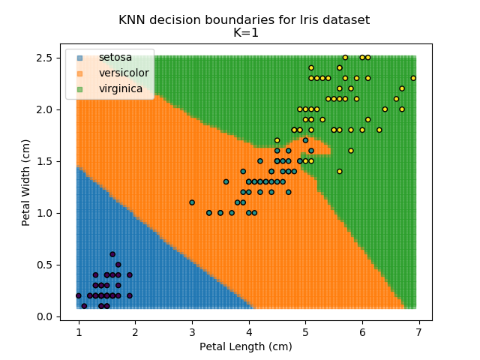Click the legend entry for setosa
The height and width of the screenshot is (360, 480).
(x=114, y=58)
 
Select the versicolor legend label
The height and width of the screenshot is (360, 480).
(x=124, y=73)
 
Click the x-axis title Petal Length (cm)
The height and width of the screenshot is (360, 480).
(x=245, y=346)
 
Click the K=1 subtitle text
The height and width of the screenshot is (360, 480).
(x=244, y=32)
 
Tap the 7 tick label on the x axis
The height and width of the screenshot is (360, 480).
(x=418, y=331)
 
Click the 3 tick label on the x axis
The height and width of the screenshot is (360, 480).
(x=192, y=331)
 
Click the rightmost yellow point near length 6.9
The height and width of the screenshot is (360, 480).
(x=413, y=78)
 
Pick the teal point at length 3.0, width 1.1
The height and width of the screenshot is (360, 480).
(x=192, y=202)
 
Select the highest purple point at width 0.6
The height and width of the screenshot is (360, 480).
(x=112, y=254)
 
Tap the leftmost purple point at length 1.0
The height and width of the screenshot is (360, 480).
(x=79, y=295)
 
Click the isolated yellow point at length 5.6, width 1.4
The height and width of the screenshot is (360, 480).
(x=339, y=171)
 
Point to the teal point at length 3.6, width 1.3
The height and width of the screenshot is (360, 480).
(x=226, y=181)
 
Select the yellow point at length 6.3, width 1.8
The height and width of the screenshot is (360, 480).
(x=379, y=130)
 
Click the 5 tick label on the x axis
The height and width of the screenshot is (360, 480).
(x=305, y=331)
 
